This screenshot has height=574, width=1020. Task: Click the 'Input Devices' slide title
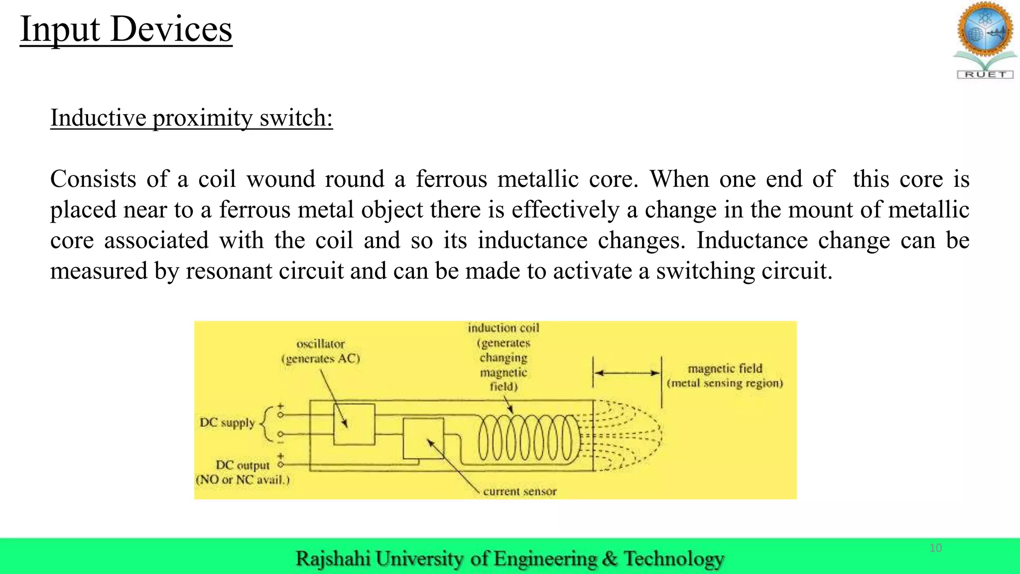[126, 29]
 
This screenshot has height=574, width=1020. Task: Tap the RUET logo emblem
[985, 40]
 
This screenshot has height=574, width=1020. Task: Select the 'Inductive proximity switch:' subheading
[191, 118]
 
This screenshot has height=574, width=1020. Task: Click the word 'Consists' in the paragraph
[93, 179]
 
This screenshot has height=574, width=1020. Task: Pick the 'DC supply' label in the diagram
[227, 423]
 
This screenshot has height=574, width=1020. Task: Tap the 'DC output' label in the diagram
[243, 465]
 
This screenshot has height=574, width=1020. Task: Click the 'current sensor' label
[519, 491]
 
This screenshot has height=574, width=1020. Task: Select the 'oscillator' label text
[320, 344]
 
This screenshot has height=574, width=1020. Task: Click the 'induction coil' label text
[503, 328]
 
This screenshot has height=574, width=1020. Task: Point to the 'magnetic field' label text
[725, 368]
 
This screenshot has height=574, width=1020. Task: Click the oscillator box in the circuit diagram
[354, 424]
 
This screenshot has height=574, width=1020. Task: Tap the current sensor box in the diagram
[423, 438]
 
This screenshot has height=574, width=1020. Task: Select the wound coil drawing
[528, 438]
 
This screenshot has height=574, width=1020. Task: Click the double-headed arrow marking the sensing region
[627, 373]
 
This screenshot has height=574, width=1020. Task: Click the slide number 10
[935, 548]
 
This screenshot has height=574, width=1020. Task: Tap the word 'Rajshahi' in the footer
[333, 559]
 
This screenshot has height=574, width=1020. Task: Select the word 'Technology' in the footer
[674, 559]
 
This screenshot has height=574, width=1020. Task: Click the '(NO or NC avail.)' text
[243, 480]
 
